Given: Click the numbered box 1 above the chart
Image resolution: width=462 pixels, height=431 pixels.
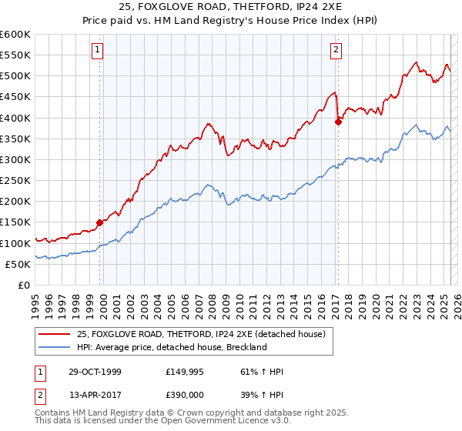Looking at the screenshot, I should (x=99, y=51).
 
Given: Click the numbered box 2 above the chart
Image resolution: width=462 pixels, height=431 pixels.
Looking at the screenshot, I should (x=336, y=51).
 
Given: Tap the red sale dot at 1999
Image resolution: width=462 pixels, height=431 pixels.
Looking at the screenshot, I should (x=99, y=222).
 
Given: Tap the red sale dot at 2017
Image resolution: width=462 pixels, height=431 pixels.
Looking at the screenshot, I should (x=338, y=122).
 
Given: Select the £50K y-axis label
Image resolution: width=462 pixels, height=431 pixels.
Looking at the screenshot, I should (x=18, y=264).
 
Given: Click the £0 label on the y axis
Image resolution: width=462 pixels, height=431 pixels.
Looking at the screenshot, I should (x=24, y=286).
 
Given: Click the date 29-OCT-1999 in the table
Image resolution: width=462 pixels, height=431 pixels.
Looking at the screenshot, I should (x=89, y=372).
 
